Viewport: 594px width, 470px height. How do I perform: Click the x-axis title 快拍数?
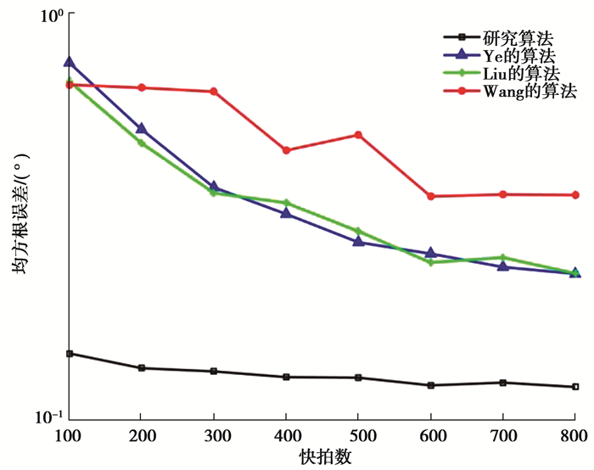[x=325, y=456]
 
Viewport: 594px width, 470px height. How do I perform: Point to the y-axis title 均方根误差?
[x=19, y=217]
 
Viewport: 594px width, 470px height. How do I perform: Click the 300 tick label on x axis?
[x=213, y=435]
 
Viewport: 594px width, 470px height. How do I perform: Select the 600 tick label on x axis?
[x=431, y=435]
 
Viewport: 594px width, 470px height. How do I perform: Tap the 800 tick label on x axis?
[x=575, y=435]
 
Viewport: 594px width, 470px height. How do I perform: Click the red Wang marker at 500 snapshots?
[x=359, y=135]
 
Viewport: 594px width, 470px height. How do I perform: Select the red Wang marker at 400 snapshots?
[x=287, y=150]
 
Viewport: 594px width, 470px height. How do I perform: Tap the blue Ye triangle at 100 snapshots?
[x=69, y=62]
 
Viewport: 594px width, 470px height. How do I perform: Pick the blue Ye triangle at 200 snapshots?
[x=141, y=128]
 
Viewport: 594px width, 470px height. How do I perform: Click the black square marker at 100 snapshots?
[x=69, y=353]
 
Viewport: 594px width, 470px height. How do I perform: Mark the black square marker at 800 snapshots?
[x=576, y=387]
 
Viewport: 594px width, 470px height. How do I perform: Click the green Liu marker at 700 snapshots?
[x=503, y=257]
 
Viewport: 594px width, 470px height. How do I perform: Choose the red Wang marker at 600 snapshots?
[x=431, y=196]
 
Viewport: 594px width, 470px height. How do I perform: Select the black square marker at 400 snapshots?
[x=287, y=377]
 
